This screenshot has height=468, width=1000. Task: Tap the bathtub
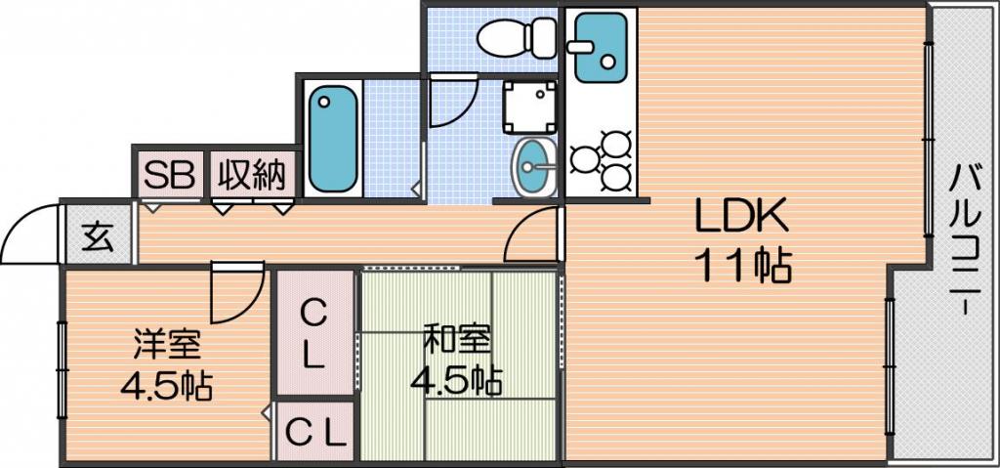(x=332, y=139)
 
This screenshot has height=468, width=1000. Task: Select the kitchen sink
(x=600, y=48)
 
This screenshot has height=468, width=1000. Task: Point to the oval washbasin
(x=534, y=167)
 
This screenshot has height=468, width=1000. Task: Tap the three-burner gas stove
(x=602, y=159)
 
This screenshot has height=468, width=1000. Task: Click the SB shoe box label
(x=168, y=173)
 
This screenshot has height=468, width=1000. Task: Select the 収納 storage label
(x=252, y=173)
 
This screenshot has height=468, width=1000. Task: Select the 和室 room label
(x=458, y=340)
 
